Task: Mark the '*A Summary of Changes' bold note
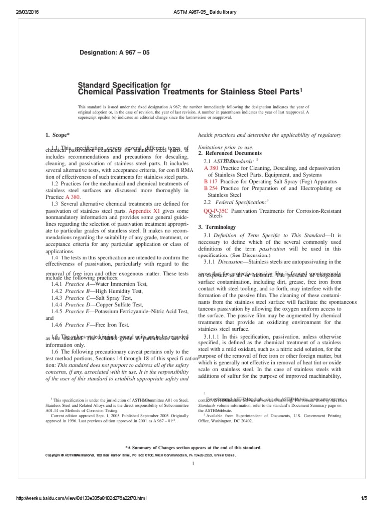click(192, 448)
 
